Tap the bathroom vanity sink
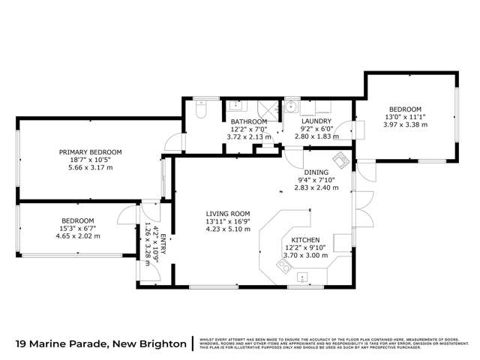(x=234, y=106)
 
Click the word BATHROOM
(x=248, y=121)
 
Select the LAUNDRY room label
(x=316, y=121)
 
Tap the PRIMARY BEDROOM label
(x=90, y=152)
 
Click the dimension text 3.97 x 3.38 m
(x=405, y=124)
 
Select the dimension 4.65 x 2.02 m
(x=78, y=235)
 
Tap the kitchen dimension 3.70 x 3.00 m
(x=306, y=255)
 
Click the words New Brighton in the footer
(x=150, y=343)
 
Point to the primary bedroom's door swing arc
(x=173, y=140)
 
